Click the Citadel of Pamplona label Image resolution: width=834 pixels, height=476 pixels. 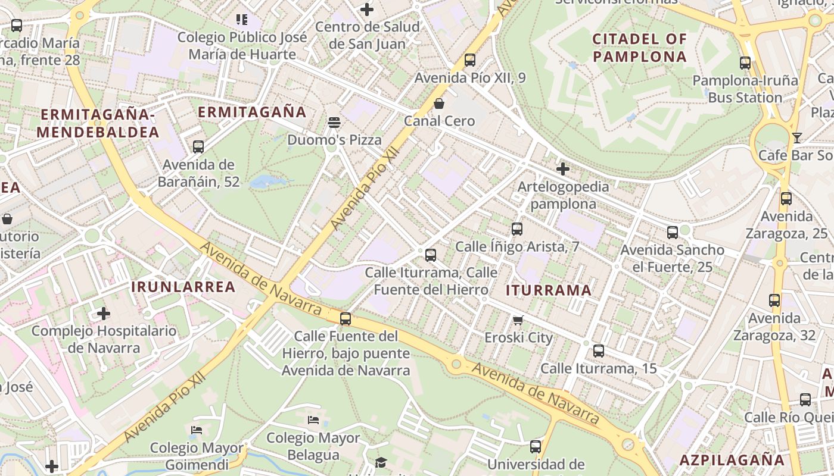(x=640, y=48)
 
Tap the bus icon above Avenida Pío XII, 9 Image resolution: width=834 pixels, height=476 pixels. (x=470, y=60)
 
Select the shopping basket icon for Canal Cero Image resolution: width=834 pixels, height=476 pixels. (x=439, y=104)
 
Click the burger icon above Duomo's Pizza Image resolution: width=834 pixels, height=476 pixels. (x=334, y=123)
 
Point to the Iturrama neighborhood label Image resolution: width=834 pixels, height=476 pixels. (x=549, y=290)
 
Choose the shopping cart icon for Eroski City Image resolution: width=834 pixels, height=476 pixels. (x=518, y=320)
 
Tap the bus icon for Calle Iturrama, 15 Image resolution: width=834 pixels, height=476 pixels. (x=599, y=351)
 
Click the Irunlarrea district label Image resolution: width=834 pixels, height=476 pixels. (x=183, y=287)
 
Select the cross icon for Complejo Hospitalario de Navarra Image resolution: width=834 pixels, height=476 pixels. (x=104, y=313)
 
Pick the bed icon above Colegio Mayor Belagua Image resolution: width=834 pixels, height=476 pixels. (x=313, y=420)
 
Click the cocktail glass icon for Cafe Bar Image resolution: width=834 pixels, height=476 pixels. (x=797, y=138)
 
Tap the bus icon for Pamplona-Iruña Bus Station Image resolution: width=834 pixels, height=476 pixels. (x=745, y=63)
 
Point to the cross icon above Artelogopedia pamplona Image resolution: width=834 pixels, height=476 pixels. (x=563, y=169)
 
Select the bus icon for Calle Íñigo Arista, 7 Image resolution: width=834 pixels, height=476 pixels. (x=517, y=229)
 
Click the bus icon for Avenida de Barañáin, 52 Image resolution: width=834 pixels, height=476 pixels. (x=198, y=147)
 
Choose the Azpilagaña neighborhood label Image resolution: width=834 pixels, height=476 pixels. (x=732, y=459)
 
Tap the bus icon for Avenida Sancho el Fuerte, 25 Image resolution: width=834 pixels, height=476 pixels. (x=673, y=233)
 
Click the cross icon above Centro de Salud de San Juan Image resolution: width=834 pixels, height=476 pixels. (x=367, y=10)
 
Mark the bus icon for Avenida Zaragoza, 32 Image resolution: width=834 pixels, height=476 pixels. (x=774, y=300)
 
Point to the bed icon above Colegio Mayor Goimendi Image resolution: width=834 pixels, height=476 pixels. (x=197, y=430)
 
